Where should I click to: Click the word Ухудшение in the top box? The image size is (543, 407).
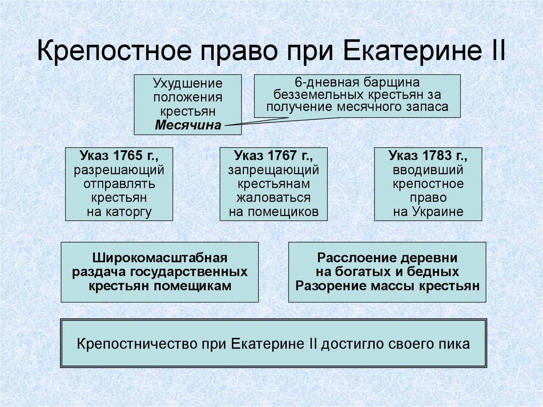(x=188, y=84)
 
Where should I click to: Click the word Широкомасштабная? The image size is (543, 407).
(x=160, y=258)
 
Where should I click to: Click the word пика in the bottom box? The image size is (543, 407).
(x=457, y=343)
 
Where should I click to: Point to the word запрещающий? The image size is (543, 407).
(x=274, y=170)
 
